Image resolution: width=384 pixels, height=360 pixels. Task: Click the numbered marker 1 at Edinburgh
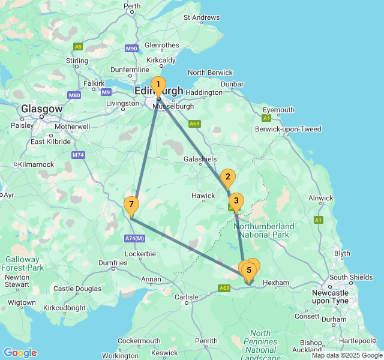pyautogui.click(x=158, y=85)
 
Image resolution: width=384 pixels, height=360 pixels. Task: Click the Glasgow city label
pyautogui.click(x=41, y=109)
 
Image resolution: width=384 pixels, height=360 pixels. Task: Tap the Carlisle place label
pyautogui.click(x=186, y=297)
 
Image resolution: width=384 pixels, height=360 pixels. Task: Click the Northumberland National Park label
pyautogui.click(x=263, y=230)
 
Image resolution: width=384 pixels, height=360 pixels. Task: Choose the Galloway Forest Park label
pyautogui.click(x=23, y=263)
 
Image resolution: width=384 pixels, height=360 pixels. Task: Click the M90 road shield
pyautogui.click(x=132, y=49)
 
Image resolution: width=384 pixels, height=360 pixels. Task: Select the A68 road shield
pyautogui.click(x=194, y=124)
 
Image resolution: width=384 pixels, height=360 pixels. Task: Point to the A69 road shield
pyautogui.click(x=224, y=288)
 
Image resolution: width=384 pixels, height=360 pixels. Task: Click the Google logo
pyautogui.click(x=20, y=352)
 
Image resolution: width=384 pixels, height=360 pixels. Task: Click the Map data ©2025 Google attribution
pyautogui.click(x=346, y=355)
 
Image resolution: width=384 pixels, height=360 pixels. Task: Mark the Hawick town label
pyautogui.click(x=203, y=196)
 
